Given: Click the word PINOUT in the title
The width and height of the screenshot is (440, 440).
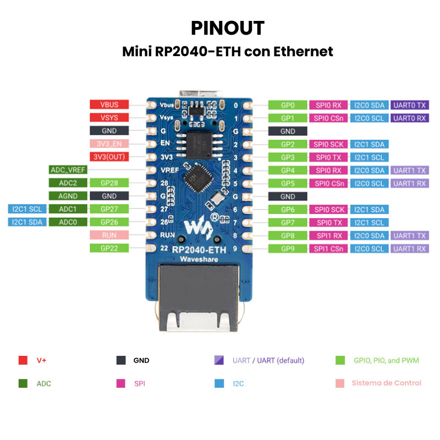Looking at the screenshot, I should point(228,28).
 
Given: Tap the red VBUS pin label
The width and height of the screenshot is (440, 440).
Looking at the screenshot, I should point(109,105).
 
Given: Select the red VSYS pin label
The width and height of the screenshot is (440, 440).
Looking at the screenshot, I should point(109,118).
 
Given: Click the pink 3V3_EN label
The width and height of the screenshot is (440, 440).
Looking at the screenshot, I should point(109,144).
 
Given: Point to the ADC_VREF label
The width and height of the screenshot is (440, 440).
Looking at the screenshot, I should point(67,170).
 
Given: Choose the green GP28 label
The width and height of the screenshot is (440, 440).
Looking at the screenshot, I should point(109,183).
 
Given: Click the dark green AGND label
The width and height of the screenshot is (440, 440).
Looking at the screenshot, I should point(67,196).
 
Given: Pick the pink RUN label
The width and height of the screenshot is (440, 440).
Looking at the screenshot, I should point(109,235).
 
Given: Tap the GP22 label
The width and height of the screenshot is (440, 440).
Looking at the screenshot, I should point(109,249).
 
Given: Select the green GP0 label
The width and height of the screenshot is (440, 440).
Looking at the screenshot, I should point(287,105).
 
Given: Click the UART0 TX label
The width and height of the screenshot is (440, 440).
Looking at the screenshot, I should point(409,105).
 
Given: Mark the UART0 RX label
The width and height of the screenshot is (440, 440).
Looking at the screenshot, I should point(409,118).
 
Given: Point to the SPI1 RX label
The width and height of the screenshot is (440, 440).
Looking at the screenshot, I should point(328,235).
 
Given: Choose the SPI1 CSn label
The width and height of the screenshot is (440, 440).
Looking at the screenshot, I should point(328,249).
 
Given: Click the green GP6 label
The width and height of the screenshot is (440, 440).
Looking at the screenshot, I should point(287,210).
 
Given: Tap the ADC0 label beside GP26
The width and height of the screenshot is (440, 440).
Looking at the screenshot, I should point(67,222).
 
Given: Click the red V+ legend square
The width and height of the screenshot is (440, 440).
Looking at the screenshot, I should point(23,361).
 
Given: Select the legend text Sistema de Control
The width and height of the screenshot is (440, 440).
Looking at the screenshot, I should point(386,383).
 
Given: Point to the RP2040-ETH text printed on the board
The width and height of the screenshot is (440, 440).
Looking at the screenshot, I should point(199,250).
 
